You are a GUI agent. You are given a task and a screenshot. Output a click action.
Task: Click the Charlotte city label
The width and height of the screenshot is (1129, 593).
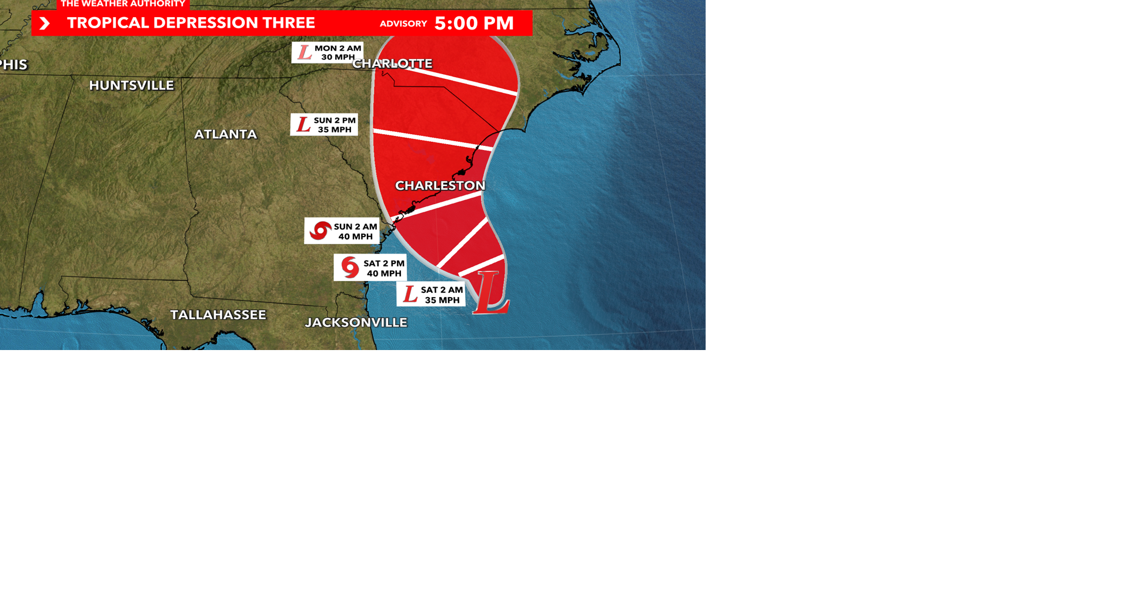tap(392, 64)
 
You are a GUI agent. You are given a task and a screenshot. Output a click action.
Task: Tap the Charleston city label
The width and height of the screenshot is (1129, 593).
tap(440, 186)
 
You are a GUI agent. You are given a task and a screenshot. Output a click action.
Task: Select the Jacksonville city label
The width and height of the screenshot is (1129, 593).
tap(356, 322)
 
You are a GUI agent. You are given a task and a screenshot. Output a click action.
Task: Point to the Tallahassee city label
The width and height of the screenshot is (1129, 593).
tap(218, 315)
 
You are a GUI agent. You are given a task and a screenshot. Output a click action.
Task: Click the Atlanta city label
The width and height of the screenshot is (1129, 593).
tap(225, 134)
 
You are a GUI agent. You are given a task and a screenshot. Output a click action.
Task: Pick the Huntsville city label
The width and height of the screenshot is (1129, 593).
tap(131, 85)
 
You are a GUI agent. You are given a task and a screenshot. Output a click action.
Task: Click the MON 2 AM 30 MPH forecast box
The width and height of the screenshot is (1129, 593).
tap(328, 53)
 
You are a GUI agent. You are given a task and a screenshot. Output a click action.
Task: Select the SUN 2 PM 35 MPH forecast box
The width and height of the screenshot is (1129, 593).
tap(324, 125)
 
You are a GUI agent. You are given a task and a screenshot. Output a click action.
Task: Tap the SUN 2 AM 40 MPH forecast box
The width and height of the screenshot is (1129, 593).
tap(342, 231)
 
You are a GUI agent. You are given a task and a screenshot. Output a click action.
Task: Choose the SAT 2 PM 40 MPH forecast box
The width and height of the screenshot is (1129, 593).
tap(370, 268)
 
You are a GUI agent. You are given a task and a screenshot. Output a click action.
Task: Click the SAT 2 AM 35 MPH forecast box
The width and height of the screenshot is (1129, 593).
tap(431, 295)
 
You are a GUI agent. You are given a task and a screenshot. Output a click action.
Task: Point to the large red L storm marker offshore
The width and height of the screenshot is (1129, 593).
tap(490, 292)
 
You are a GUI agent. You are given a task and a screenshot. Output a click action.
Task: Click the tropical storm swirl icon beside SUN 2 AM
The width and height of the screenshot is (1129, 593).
tap(320, 231)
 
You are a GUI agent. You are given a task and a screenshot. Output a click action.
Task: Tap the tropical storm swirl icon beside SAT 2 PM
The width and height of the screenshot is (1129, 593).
tap(350, 267)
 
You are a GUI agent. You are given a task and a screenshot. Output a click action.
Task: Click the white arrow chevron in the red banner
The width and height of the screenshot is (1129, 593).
tap(44, 24)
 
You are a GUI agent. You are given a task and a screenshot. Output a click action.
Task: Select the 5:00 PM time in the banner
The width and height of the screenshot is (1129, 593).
tap(474, 24)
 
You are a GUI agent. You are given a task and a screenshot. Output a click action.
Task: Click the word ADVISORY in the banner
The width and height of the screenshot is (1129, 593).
tap(403, 24)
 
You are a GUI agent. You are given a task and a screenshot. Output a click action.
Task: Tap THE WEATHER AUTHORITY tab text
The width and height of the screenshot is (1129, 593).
tap(123, 4)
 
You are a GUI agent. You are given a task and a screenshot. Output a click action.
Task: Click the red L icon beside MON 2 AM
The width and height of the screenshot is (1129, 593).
tap(305, 52)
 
